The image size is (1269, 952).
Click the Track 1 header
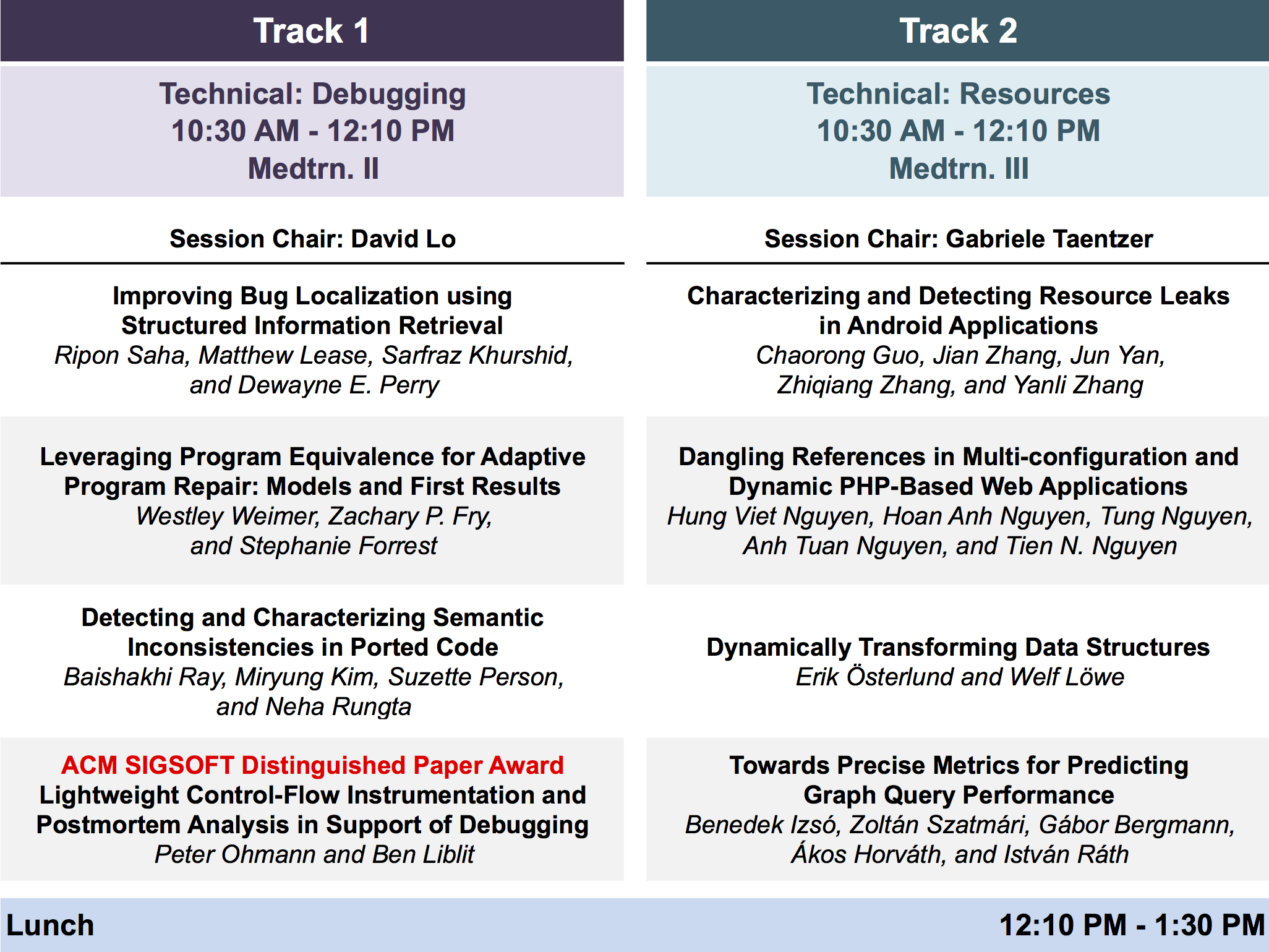(x=312, y=31)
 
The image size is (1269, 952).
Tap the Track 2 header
(x=958, y=31)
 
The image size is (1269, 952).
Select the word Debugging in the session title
(x=389, y=95)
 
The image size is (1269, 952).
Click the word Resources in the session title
(x=1035, y=94)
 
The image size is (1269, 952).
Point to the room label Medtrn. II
(x=313, y=168)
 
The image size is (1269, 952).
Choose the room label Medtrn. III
(x=959, y=168)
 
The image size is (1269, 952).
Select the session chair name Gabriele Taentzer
(x=1049, y=239)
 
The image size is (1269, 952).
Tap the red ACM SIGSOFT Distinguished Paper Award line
(x=312, y=765)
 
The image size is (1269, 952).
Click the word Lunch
(x=50, y=925)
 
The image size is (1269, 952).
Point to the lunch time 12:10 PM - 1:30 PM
(x=1132, y=925)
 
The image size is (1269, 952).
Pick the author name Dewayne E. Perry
(x=338, y=385)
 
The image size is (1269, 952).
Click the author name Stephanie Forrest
(x=338, y=546)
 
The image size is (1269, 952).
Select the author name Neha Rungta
(x=338, y=706)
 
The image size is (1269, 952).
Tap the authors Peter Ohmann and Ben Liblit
(x=314, y=854)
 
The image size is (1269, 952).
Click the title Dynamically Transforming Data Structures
(x=958, y=648)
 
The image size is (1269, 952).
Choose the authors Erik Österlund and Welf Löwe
(x=960, y=676)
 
